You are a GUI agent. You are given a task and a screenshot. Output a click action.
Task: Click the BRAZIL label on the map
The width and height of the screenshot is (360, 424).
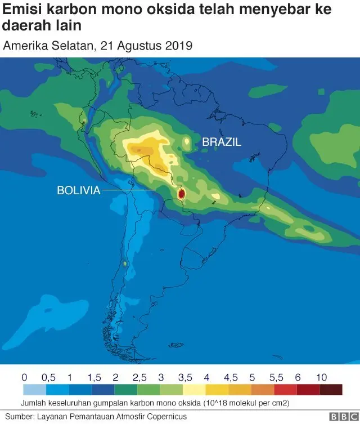pyautogui.click(x=222, y=142)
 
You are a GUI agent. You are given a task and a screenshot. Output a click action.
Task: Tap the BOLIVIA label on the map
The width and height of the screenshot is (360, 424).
pyautogui.click(x=78, y=191)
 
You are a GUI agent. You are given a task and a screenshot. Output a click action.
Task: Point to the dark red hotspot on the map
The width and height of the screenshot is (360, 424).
pyautogui.click(x=181, y=194)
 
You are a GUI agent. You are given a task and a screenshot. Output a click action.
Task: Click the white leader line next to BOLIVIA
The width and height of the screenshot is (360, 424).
pyautogui.click(x=129, y=191)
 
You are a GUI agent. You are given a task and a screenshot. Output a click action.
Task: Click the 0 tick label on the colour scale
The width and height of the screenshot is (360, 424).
pyautogui.click(x=24, y=377)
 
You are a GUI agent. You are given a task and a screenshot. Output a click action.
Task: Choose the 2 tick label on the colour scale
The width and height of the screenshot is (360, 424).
pyautogui.click(x=115, y=377)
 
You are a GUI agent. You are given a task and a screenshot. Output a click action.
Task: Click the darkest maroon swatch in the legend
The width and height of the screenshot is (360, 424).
pyautogui.click(x=331, y=390)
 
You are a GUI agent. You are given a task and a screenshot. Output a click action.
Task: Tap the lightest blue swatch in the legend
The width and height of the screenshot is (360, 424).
pyautogui.click(x=35, y=390)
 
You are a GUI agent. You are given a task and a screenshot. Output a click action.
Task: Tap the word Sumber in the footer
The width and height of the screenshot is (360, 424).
pyautogui.click(x=17, y=416)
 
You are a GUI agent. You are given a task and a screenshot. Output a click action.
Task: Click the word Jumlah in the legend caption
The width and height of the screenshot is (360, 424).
pyautogui.click(x=34, y=403)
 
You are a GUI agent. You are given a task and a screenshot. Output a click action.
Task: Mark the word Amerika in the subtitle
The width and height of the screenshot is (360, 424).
pyautogui.click(x=23, y=46)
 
